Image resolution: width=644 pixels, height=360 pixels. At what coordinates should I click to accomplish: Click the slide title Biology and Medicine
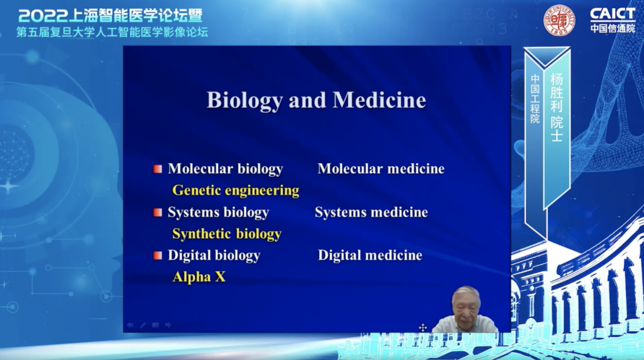(316, 101)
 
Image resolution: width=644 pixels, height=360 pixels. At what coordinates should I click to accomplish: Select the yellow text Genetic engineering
(236, 190)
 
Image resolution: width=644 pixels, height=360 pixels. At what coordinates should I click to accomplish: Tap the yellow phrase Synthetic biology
(227, 234)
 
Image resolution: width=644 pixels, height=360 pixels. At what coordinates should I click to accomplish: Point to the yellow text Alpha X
(199, 277)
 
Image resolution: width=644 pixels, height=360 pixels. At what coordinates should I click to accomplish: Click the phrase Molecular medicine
(381, 169)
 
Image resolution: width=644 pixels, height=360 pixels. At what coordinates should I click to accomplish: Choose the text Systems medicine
(371, 212)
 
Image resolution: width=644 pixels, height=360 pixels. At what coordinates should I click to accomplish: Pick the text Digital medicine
(370, 255)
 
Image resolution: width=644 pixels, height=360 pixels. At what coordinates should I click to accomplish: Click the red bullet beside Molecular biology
(157, 169)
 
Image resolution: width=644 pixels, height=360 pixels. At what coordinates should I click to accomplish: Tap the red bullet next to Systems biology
(157, 212)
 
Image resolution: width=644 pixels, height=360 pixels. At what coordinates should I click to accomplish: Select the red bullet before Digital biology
(157, 255)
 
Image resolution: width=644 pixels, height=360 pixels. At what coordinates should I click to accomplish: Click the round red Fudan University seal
(559, 20)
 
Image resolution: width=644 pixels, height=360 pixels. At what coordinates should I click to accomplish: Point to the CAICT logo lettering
(613, 14)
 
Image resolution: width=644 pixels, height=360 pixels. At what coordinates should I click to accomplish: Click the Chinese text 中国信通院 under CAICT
(613, 28)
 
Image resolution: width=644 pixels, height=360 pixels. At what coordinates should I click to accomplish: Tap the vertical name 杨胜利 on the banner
(557, 93)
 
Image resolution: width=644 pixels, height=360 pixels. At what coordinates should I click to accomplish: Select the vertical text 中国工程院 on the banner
(535, 99)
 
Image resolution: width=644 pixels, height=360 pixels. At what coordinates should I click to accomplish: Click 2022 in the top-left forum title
(43, 16)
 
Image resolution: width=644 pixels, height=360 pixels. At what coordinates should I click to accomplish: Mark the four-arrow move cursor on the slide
(423, 328)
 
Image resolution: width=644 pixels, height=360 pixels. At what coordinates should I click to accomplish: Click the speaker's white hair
(466, 294)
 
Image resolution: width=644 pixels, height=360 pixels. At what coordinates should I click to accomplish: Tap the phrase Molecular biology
(226, 169)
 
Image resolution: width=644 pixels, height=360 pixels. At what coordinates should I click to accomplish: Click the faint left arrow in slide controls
(130, 325)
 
